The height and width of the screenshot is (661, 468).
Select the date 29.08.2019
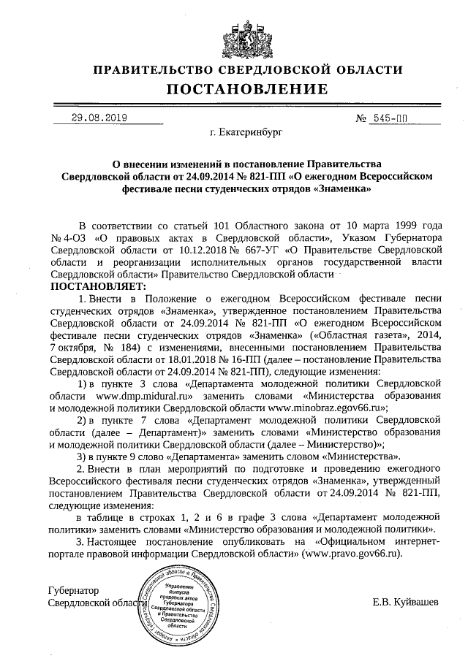click(99, 117)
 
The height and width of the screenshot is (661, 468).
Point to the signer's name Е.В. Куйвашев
click(406, 603)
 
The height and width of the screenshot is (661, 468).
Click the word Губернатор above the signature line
click(73, 590)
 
